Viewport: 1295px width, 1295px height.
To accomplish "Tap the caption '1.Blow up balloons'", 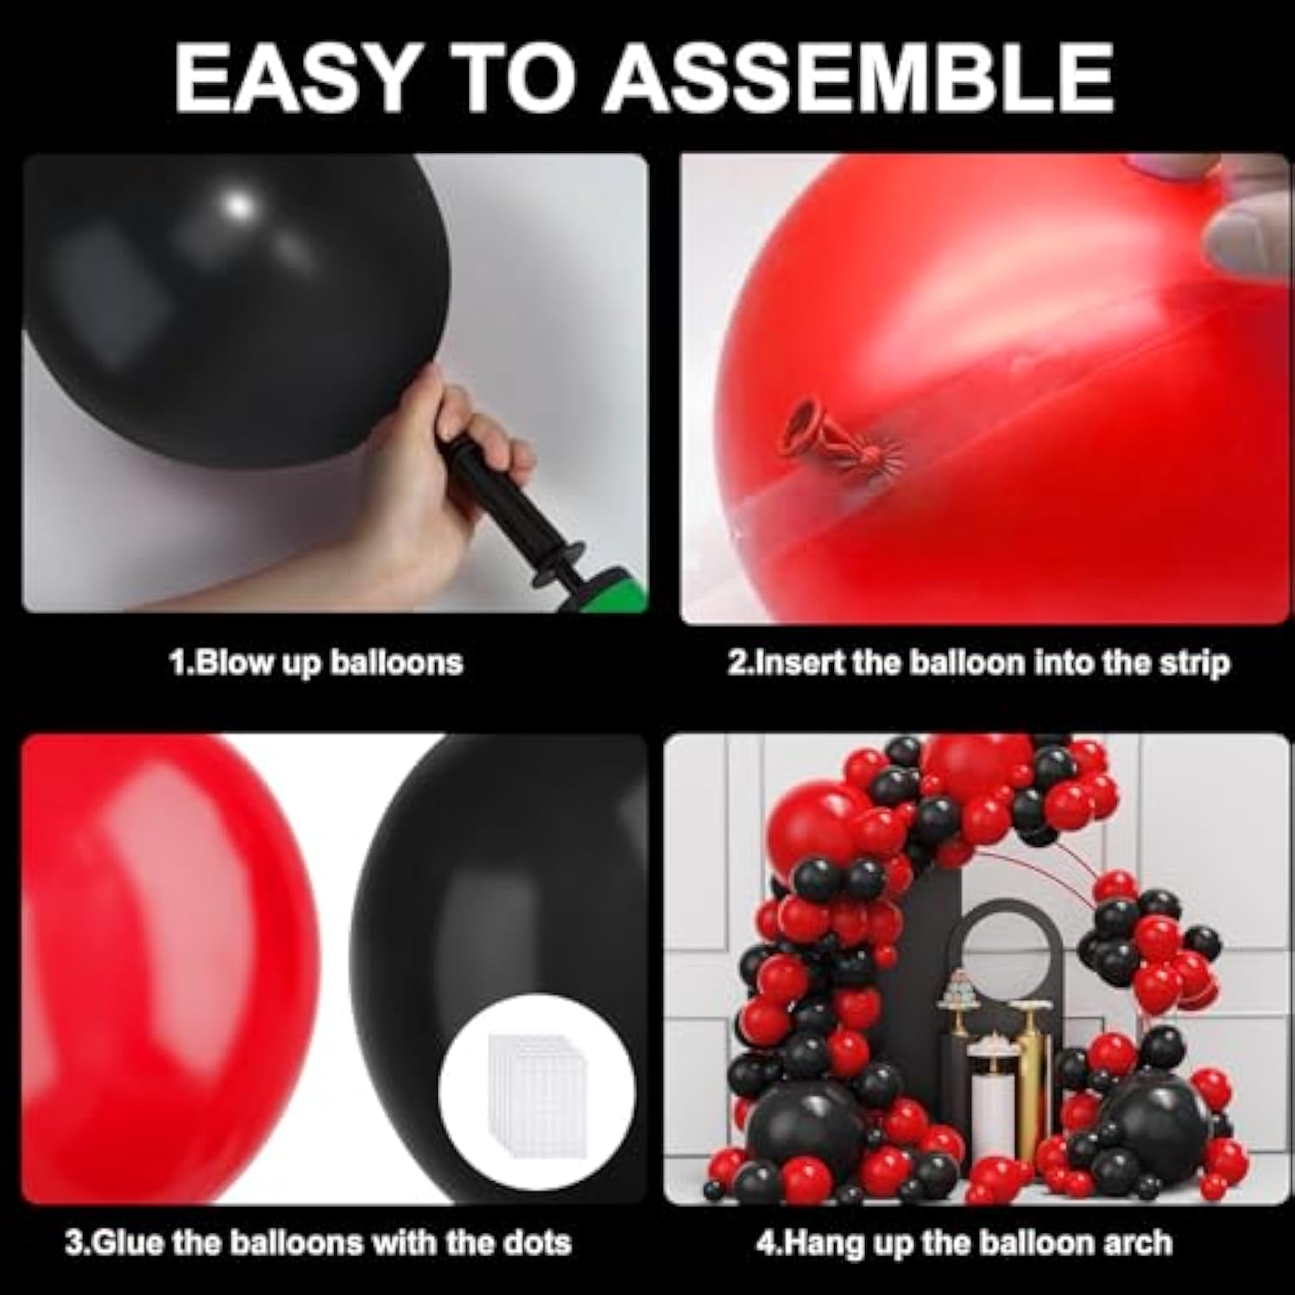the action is click(316, 663).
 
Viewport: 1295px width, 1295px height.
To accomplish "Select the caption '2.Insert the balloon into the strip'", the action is click(978, 663).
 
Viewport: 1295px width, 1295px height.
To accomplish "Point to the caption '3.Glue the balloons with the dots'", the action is click(318, 1243).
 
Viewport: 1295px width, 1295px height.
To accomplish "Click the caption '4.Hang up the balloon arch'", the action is click(964, 1243).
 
